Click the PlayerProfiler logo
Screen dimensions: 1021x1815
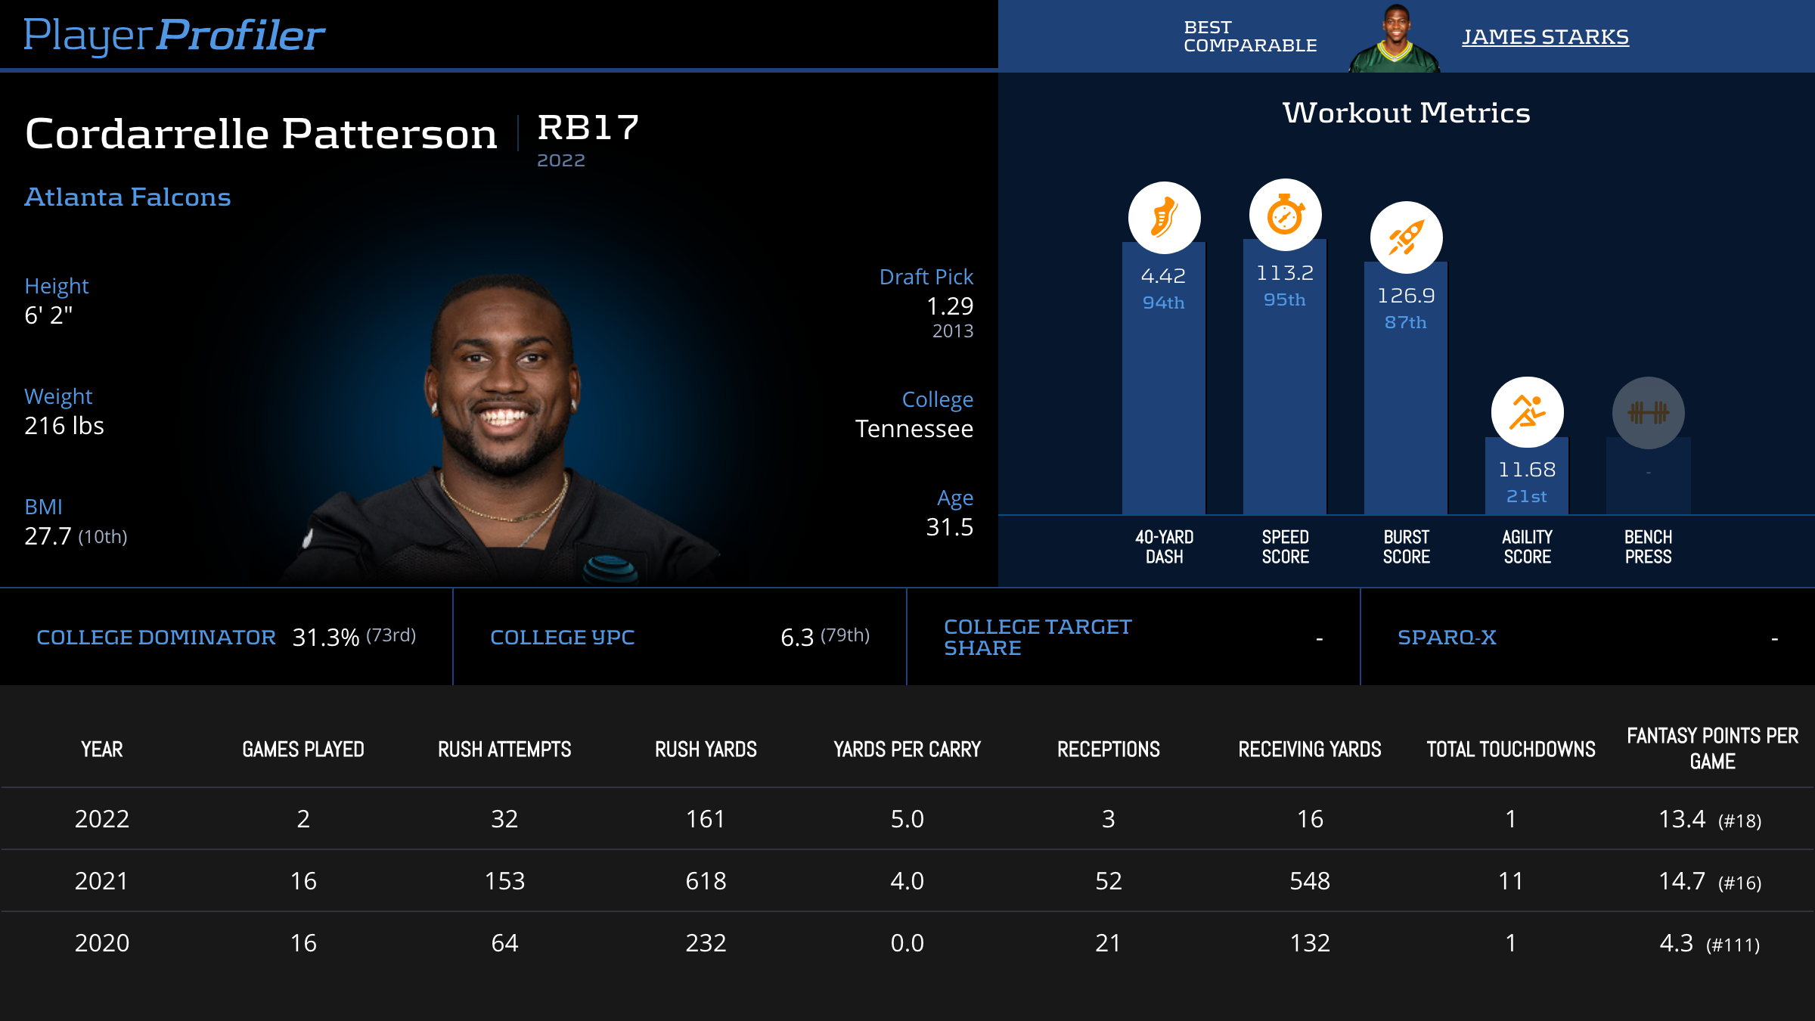[x=174, y=35]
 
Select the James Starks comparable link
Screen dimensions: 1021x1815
[x=1544, y=36]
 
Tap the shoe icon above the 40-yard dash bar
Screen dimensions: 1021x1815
[x=1164, y=218]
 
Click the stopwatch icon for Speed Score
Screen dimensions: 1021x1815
[x=1285, y=215]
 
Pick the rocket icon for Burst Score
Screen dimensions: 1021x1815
[x=1406, y=237]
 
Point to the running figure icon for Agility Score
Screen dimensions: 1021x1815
[x=1527, y=412]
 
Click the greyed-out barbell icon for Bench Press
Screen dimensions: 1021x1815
[x=1648, y=412]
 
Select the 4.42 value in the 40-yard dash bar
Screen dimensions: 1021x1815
[x=1163, y=276]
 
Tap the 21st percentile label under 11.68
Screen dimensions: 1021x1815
[x=1526, y=497]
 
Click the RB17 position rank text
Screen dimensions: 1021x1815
[x=588, y=128]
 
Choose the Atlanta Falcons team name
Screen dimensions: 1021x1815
[x=128, y=197]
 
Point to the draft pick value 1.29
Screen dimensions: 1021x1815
[x=950, y=306]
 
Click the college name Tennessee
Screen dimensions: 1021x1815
[x=914, y=429]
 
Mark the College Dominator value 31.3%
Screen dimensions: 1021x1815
[x=325, y=638]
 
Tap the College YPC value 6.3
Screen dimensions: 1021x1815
[x=797, y=638]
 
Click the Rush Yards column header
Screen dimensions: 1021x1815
[x=706, y=749]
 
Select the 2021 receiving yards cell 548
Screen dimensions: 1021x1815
[x=1310, y=881]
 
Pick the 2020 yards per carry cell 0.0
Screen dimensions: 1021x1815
[x=907, y=943]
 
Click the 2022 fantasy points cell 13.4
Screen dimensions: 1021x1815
[x=1682, y=819]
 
